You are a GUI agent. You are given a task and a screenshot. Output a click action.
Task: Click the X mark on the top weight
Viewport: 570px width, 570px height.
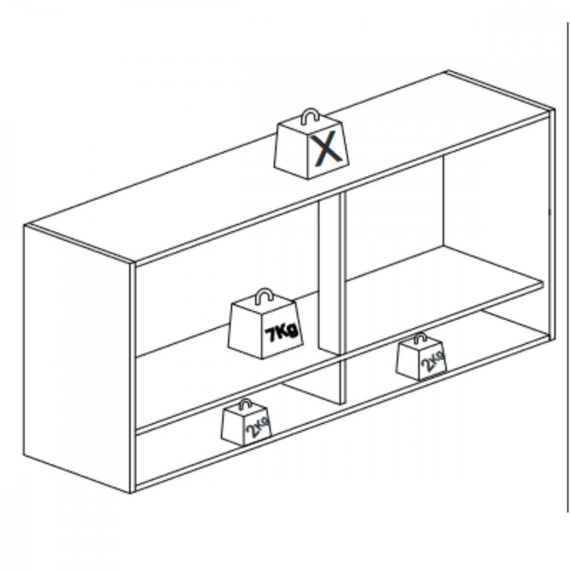coord(327,150)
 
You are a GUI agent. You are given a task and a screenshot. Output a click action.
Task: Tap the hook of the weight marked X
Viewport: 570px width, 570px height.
coord(310,116)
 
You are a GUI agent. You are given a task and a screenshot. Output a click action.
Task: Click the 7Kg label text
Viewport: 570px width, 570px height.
coord(282,333)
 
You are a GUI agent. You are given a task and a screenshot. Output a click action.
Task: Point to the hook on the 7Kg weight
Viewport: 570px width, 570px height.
coord(264,296)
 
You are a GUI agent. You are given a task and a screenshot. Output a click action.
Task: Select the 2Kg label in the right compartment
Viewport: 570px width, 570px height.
coord(433,361)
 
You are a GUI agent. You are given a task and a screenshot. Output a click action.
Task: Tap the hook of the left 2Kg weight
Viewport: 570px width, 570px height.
coord(245,404)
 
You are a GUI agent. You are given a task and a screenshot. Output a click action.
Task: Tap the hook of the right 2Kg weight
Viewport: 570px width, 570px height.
coord(420,338)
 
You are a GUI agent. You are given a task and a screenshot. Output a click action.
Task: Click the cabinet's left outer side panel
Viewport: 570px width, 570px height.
coord(77,358)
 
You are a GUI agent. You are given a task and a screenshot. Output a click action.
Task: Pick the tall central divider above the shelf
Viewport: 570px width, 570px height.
coord(330,276)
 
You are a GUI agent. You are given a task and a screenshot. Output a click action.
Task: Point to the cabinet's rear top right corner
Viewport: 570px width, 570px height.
coord(448,71)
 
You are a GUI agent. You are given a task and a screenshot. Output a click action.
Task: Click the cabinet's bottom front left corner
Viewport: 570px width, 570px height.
coord(131,492)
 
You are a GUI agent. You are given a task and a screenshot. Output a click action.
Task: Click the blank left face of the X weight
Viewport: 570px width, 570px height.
coord(292,149)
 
